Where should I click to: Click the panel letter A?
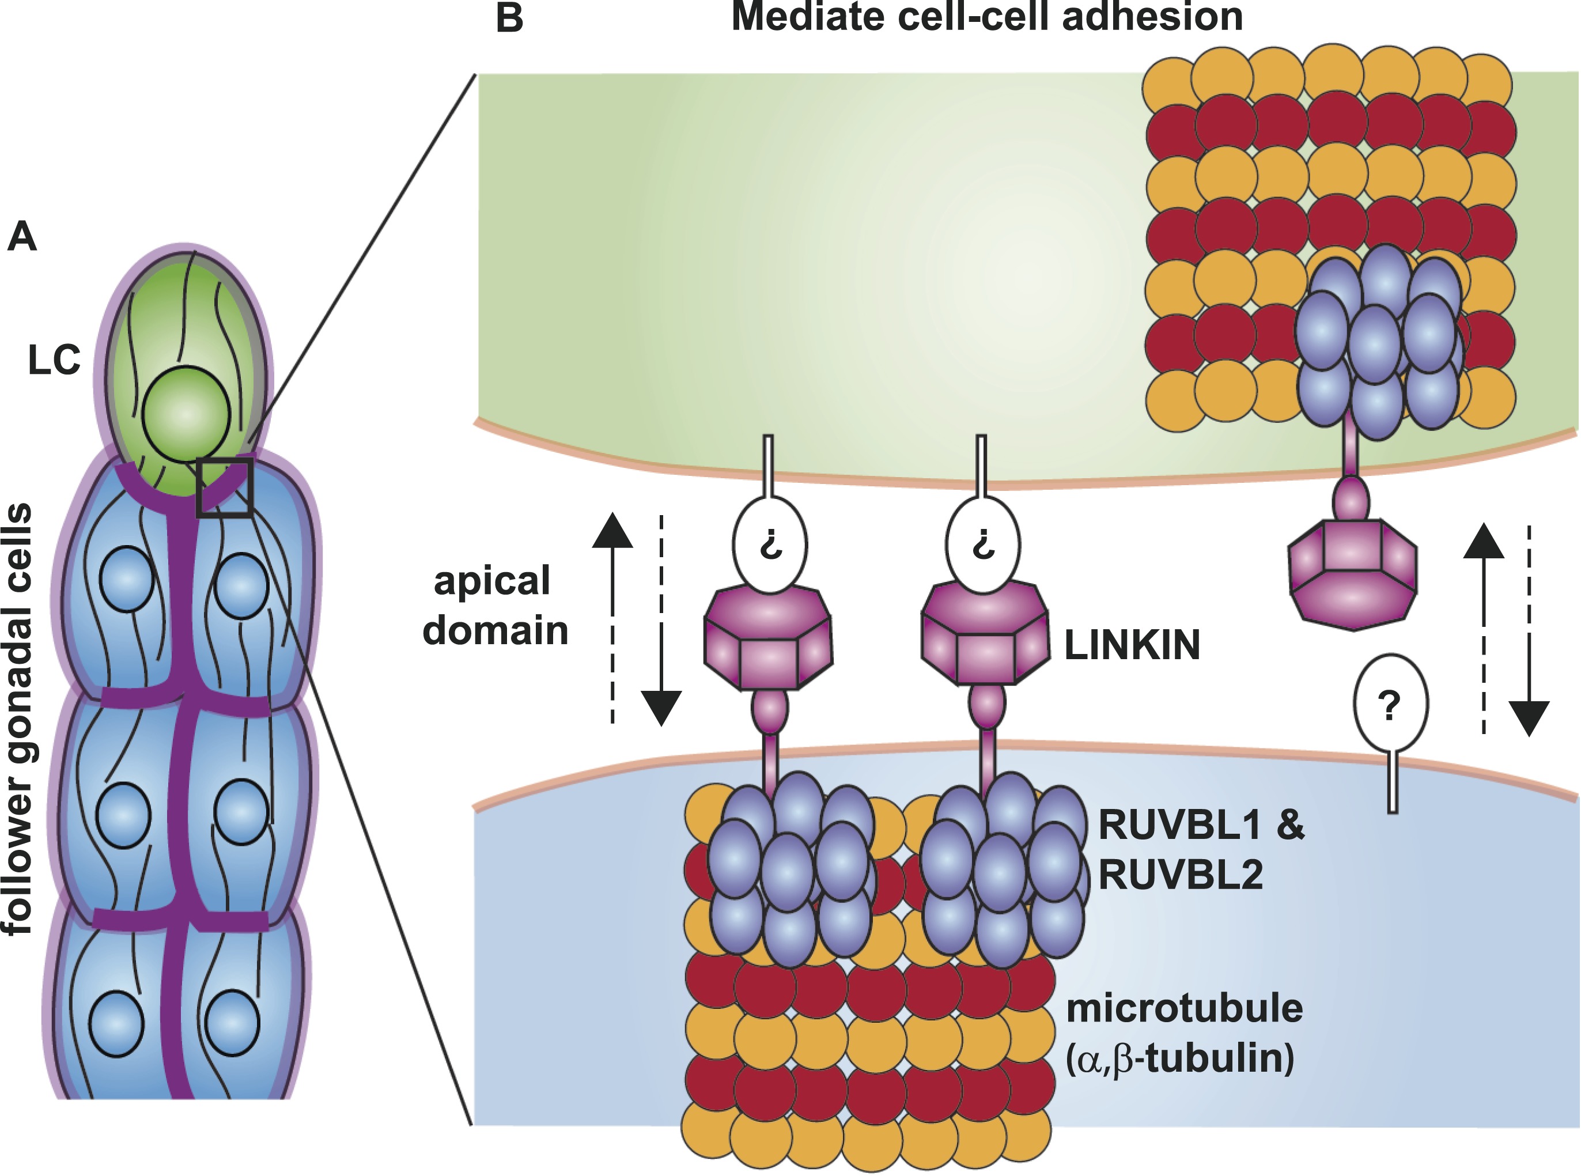point(21,236)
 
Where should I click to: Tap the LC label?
point(54,360)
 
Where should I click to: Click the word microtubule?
point(1185,1009)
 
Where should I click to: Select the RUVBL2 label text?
point(1180,875)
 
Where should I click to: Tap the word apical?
point(492,581)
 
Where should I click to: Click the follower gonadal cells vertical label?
point(18,719)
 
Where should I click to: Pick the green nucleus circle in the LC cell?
point(186,414)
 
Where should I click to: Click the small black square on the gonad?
point(224,487)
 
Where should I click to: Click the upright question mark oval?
point(1390,705)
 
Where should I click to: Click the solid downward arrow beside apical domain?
point(661,683)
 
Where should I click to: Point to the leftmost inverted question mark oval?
point(770,545)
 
